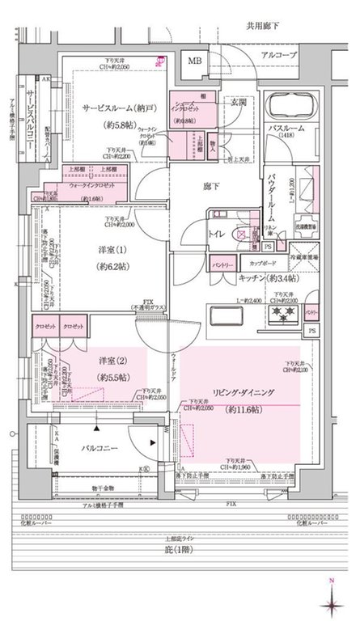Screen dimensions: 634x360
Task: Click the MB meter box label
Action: (x=195, y=61)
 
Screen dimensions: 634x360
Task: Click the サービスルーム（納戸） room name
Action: (x=119, y=108)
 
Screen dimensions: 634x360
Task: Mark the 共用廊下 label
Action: (x=262, y=27)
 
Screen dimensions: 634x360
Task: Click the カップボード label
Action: (x=260, y=264)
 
